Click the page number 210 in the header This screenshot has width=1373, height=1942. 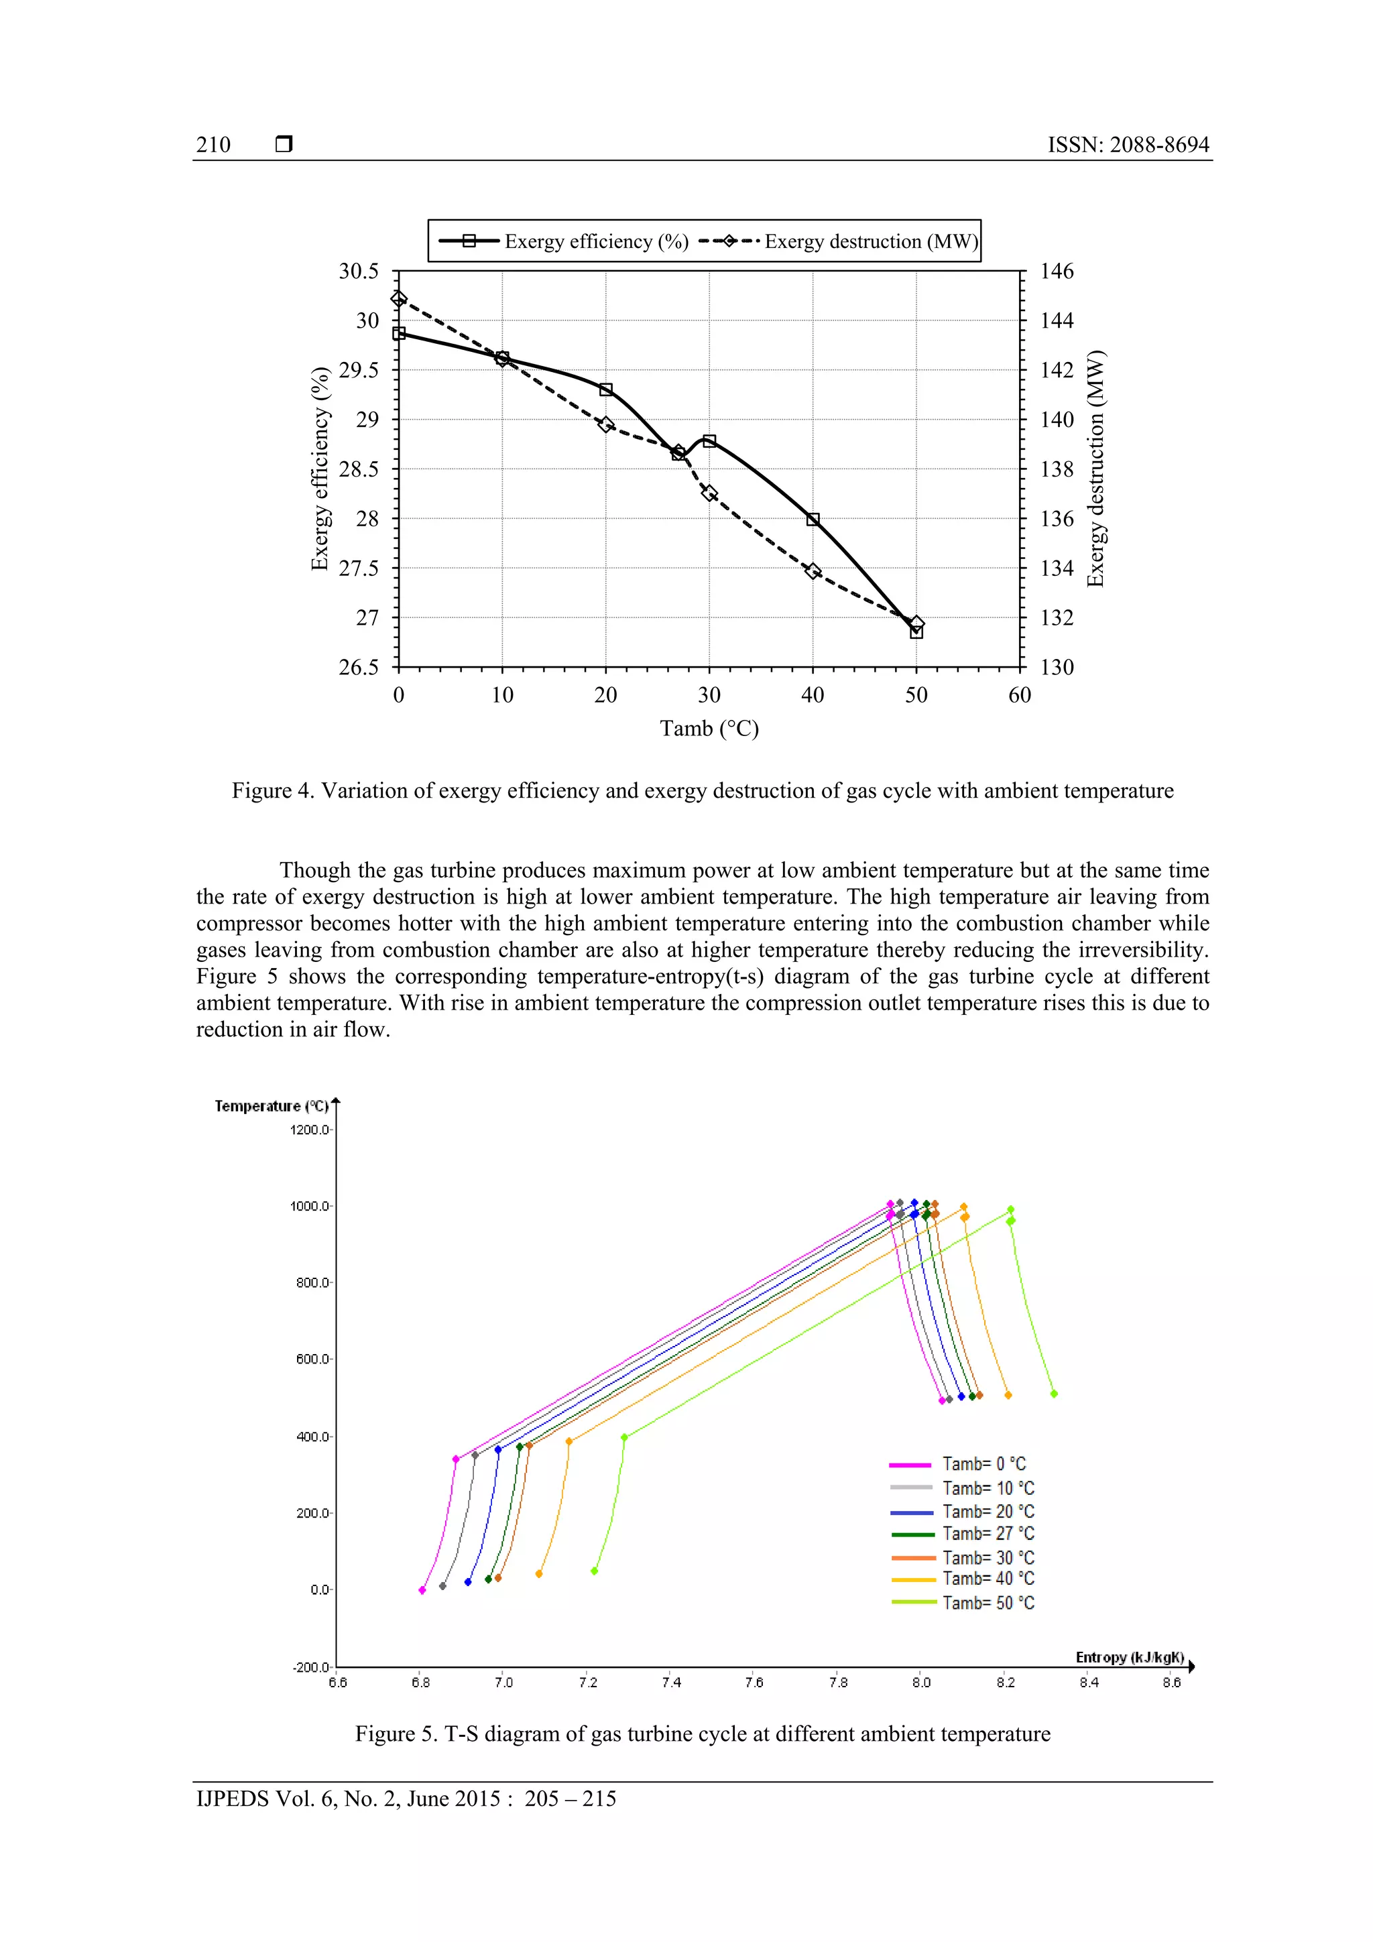213,145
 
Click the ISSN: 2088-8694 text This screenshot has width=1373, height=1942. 1128,145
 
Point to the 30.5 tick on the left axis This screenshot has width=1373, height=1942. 359,271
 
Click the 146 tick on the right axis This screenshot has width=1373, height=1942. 1057,271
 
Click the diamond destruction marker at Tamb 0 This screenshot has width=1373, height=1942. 398,298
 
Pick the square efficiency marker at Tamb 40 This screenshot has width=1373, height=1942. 813,520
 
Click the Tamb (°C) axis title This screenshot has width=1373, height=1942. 709,728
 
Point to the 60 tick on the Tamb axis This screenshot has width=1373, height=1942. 1020,695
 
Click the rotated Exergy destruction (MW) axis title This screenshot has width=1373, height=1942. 1096,469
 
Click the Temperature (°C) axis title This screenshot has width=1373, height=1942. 271,1106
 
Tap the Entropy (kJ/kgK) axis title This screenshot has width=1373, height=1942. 1130,1657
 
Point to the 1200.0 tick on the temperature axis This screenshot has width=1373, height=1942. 310,1130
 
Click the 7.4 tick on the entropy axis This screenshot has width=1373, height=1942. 671,1683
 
